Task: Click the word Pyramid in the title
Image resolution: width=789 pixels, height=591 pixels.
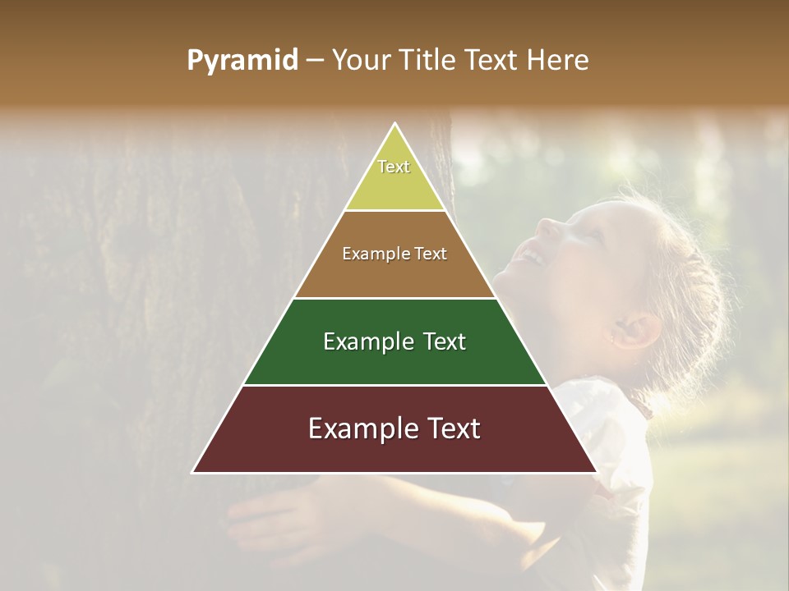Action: pos(242,61)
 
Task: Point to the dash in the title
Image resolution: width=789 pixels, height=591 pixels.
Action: pos(314,61)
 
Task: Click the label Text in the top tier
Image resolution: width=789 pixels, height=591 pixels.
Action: pos(394,167)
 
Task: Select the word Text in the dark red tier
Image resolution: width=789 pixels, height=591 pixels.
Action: pos(448,428)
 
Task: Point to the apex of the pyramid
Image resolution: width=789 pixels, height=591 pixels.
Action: pos(395,124)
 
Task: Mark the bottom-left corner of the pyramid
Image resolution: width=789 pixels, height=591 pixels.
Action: pos(192,472)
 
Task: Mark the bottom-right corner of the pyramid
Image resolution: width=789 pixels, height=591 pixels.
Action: pos(598,472)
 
